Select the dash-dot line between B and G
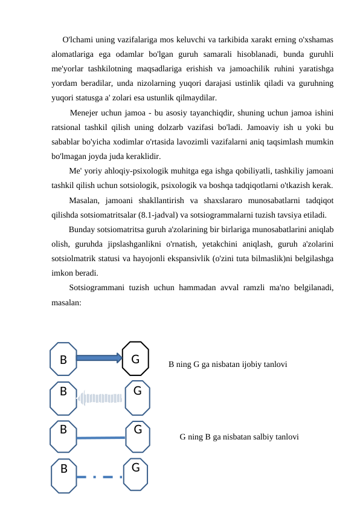pyautogui.click(x=100, y=477)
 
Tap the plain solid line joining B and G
pyautogui.click(x=101, y=438)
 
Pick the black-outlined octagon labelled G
pyautogui.click(x=136, y=359)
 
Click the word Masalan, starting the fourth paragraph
pyautogui.click(x=86, y=200)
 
